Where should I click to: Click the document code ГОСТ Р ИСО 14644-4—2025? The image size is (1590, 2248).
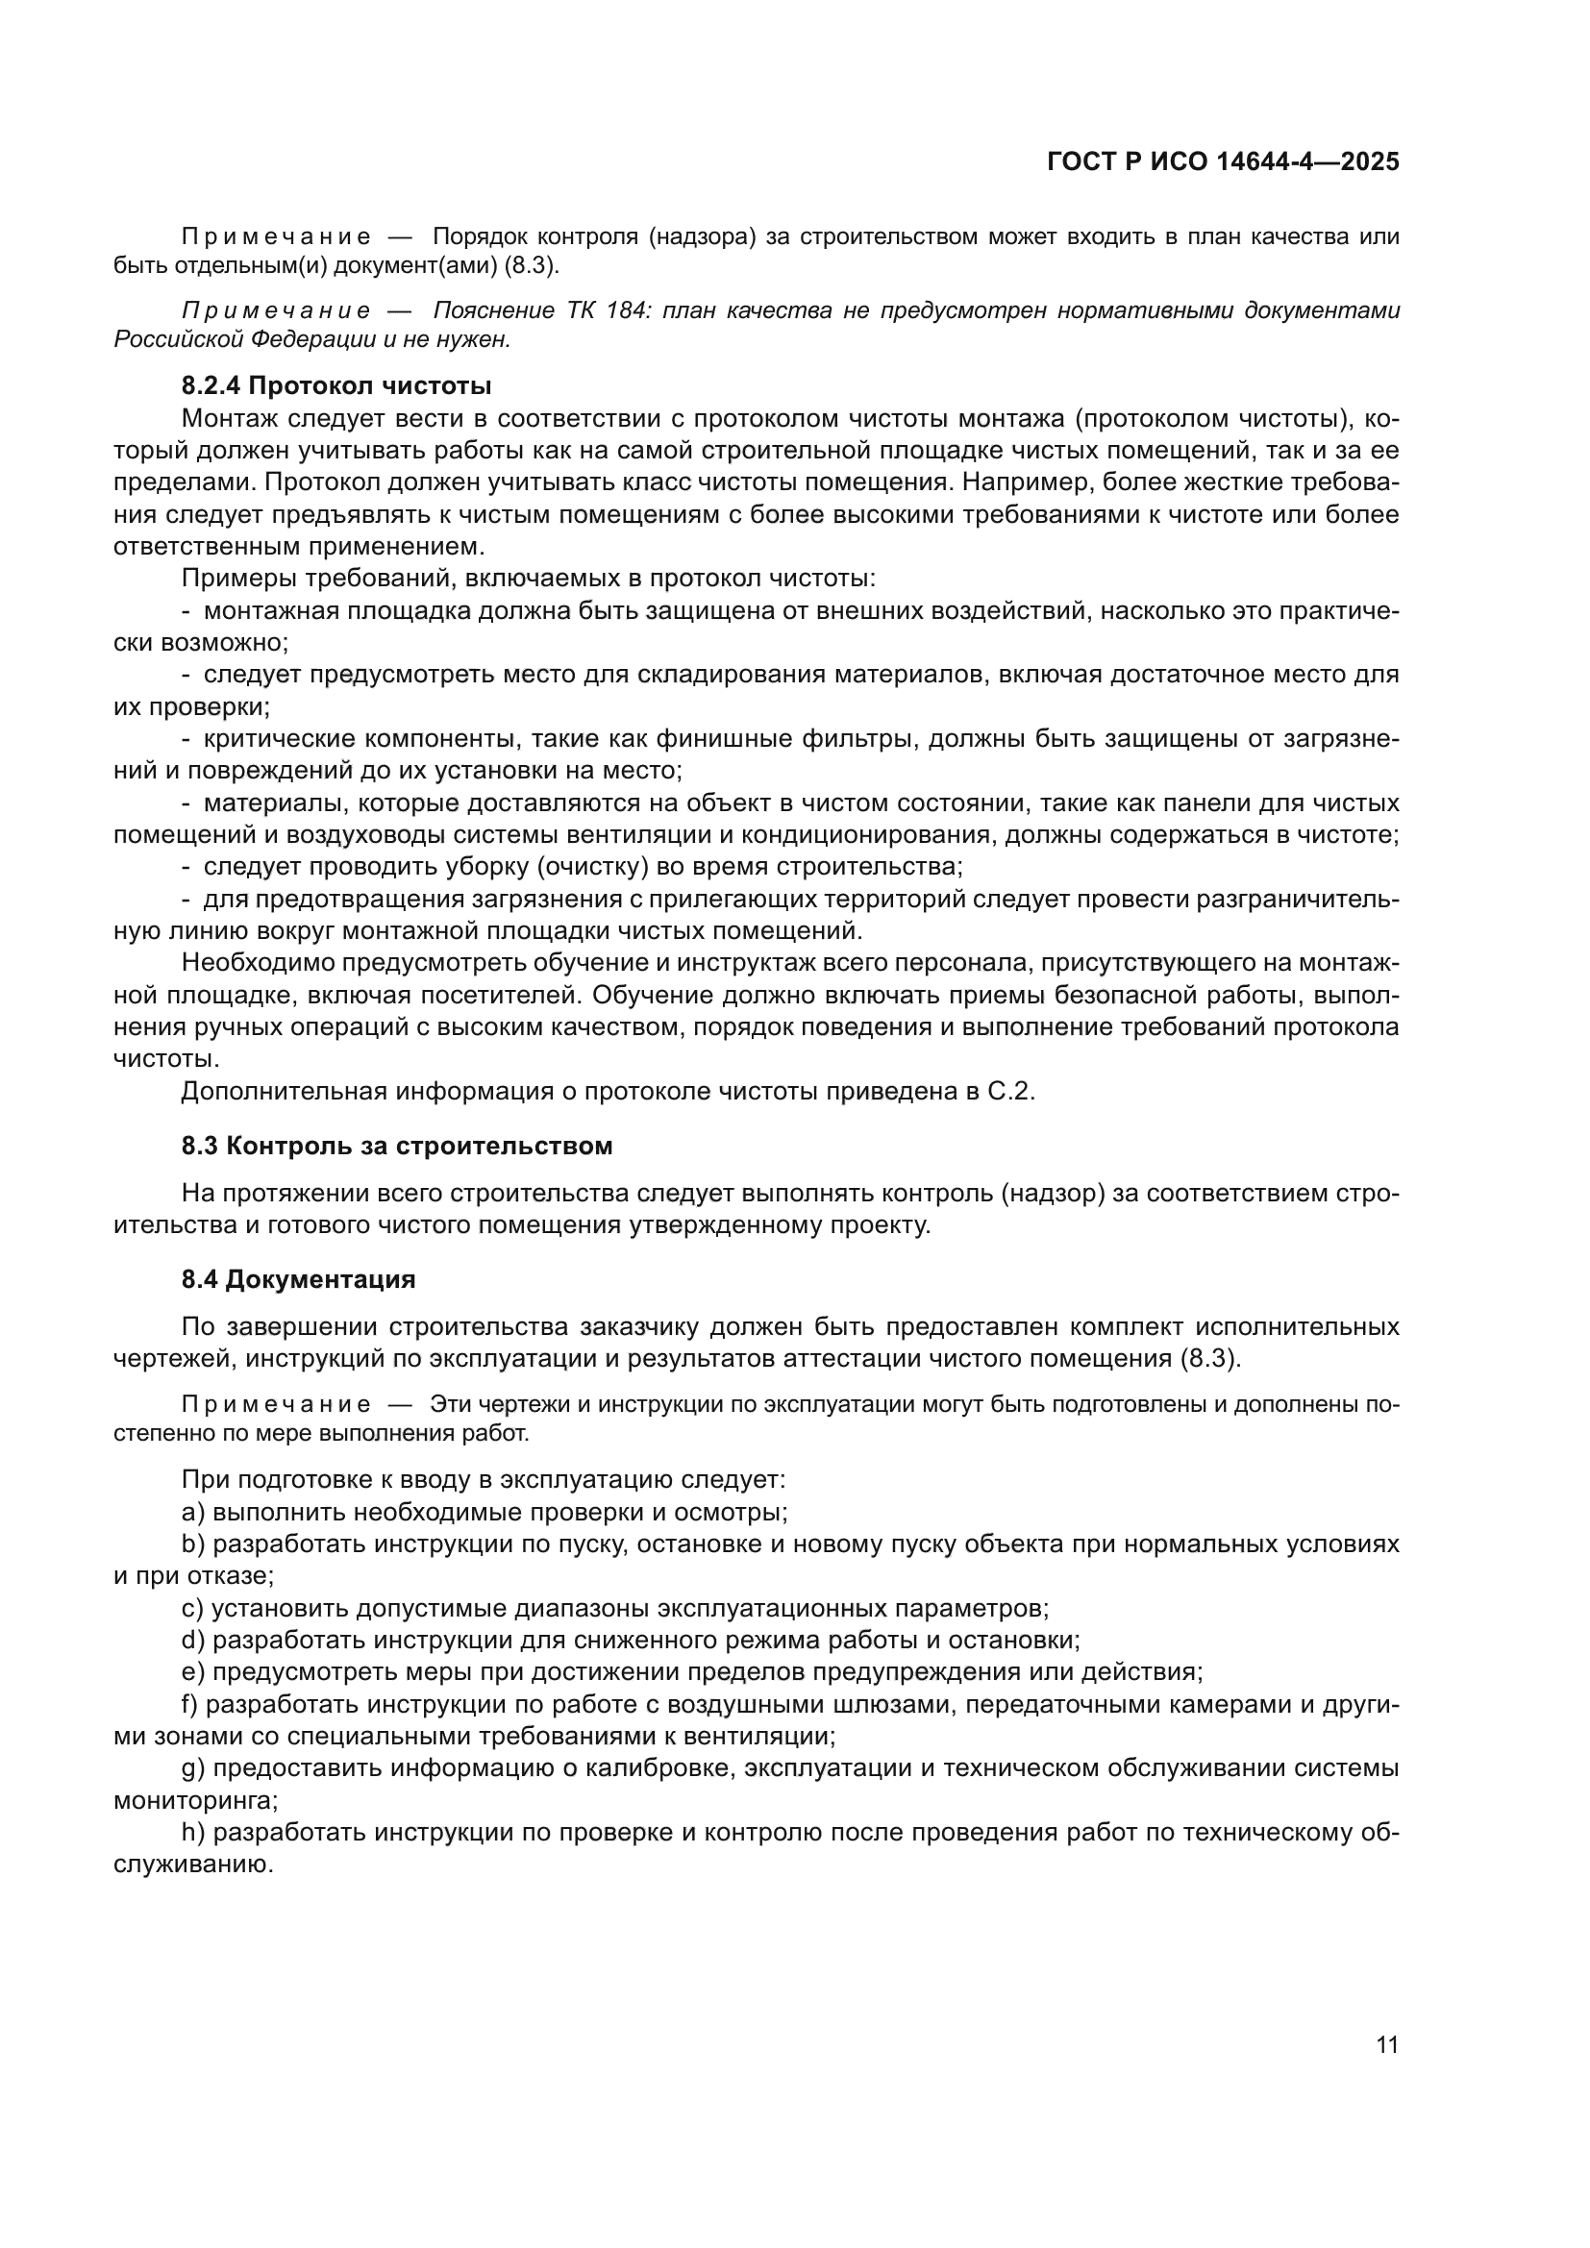(x=1223, y=161)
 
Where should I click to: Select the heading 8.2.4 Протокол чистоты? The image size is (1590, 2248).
(x=335, y=384)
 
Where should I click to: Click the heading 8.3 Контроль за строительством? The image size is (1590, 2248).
(x=396, y=1146)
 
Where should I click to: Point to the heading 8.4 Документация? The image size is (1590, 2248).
(x=299, y=1278)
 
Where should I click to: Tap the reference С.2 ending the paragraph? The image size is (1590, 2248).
(x=1010, y=1091)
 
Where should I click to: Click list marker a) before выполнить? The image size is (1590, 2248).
(x=193, y=1512)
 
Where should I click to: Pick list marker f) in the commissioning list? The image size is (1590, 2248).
(x=190, y=1705)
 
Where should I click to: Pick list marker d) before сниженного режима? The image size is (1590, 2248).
(x=193, y=1640)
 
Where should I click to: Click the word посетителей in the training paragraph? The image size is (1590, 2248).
(x=498, y=996)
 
